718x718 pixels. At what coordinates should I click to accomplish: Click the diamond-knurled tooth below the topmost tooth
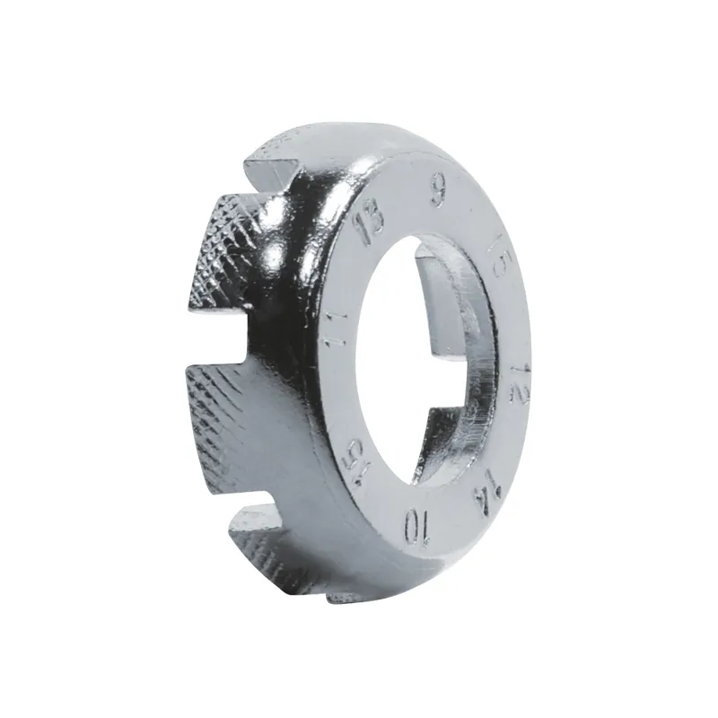pyautogui.click(x=224, y=251)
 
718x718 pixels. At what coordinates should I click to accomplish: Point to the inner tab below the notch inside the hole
pyautogui.click(x=458, y=431)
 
